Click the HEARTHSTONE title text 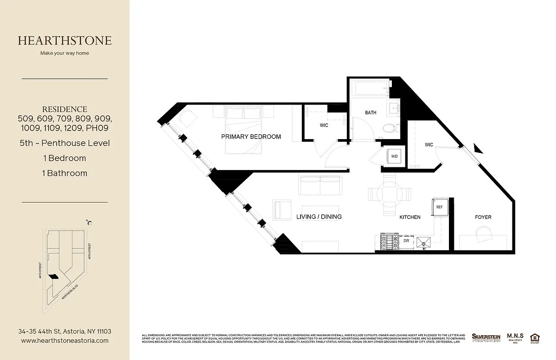coord(65,40)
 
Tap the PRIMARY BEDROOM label coord(251,136)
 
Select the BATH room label coord(371,112)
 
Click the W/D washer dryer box coord(395,157)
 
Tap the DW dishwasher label coord(406,241)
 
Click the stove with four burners coord(389,242)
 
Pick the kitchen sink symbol coord(424,243)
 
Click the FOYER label coord(483,217)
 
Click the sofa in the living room coord(320,185)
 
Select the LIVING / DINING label coord(319,216)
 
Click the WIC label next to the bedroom coord(324,125)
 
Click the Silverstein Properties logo coord(486,337)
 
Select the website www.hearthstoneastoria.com coord(65,341)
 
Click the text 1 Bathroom coord(65,173)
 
